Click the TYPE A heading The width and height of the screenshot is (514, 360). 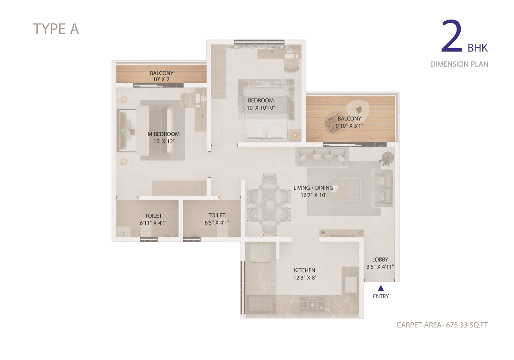(x=56, y=29)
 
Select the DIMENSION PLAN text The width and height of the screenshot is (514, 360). (x=459, y=64)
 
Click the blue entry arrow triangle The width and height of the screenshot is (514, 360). (x=381, y=288)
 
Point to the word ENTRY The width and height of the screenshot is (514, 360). (x=381, y=297)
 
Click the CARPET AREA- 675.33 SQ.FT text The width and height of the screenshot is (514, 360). (x=442, y=325)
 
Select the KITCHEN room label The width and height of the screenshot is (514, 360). (x=304, y=270)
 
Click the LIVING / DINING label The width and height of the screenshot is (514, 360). (x=313, y=188)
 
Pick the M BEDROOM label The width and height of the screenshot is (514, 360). (x=163, y=134)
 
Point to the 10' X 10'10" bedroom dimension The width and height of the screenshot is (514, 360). (x=261, y=107)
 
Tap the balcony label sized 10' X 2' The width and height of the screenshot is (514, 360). (x=161, y=80)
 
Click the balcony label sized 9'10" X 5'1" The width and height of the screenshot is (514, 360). (x=349, y=125)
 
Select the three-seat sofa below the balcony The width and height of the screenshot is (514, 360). (x=322, y=157)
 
